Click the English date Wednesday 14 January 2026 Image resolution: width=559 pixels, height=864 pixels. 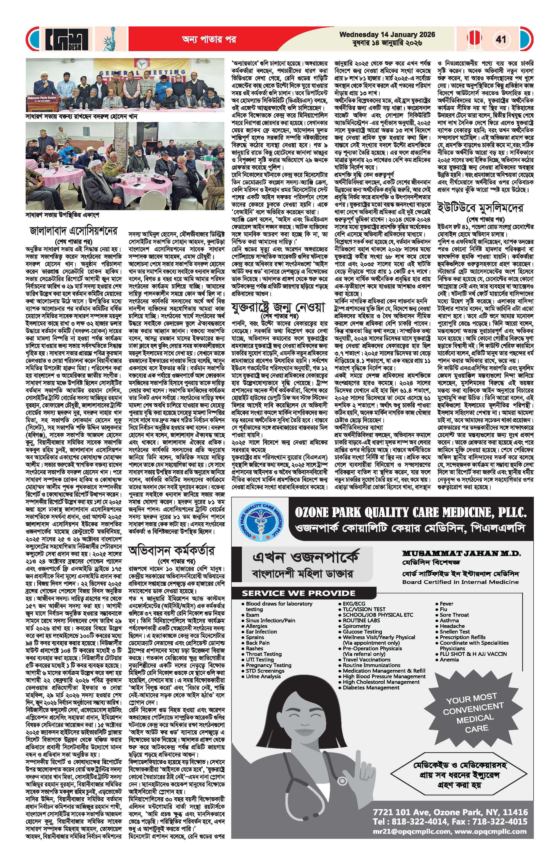pyautogui.click(x=387, y=35)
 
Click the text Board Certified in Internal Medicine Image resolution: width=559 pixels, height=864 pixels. pyautogui.click(x=460, y=582)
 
